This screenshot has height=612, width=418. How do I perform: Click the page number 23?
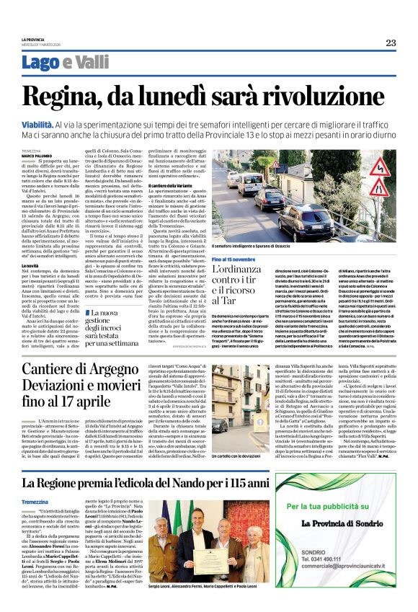pyautogui.click(x=390, y=43)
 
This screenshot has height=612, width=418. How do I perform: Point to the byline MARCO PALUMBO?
pyautogui.click(x=36, y=155)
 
